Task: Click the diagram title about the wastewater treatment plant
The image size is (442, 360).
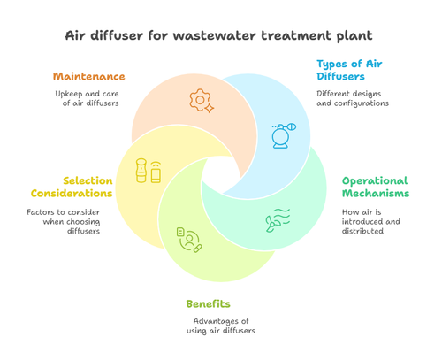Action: (x=221, y=36)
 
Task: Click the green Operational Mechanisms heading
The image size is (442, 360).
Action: (x=375, y=187)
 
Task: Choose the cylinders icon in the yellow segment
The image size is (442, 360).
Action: (x=148, y=170)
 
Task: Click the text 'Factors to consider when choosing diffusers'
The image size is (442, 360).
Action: (x=65, y=220)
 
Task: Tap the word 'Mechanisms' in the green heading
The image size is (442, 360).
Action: (x=375, y=193)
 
